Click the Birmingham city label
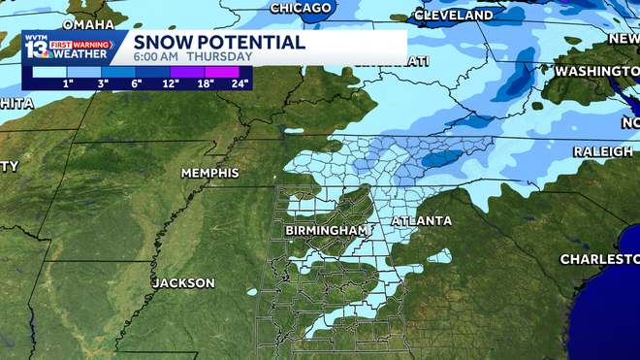click(x=326, y=230)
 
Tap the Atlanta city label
click(x=422, y=222)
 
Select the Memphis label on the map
click(x=209, y=173)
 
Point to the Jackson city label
click(x=183, y=283)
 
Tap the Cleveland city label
click(x=453, y=16)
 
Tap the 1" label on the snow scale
click(x=68, y=83)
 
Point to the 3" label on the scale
click(x=102, y=83)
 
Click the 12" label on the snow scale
click(x=171, y=83)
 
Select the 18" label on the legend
click(x=206, y=83)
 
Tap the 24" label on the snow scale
click(x=239, y=83)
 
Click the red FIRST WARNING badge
click(x=86, y=43)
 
